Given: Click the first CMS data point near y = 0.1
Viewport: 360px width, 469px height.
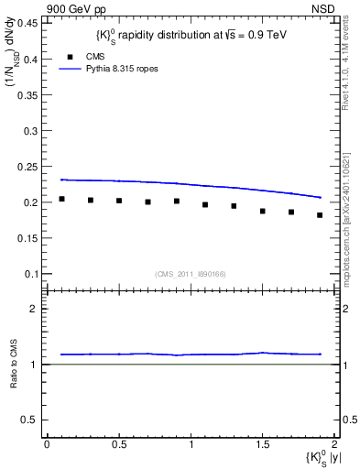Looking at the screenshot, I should tap(61, 199).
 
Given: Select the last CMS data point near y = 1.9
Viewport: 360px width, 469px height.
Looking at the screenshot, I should tap(320, 215).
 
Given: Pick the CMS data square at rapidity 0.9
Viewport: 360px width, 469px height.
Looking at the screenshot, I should tap(177, 202).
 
